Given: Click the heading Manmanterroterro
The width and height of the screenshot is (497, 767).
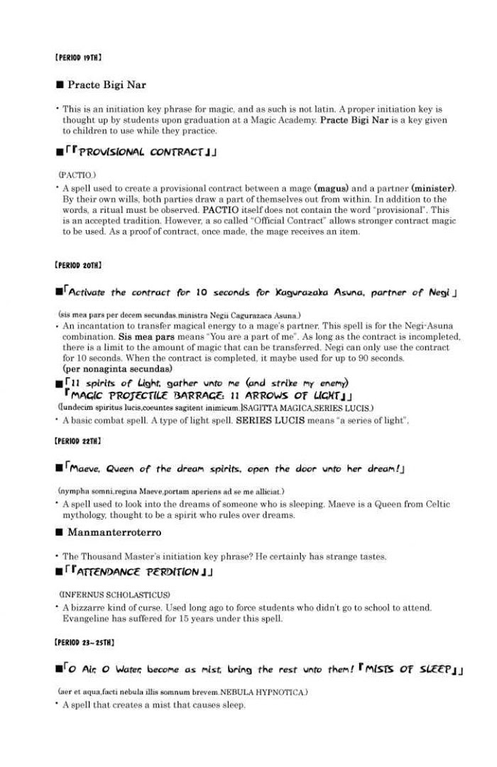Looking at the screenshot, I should pos(114,532).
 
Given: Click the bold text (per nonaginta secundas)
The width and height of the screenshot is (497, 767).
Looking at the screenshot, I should pos(117,369).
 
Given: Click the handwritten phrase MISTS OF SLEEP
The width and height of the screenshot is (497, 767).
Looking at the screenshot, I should pos(408,670).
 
